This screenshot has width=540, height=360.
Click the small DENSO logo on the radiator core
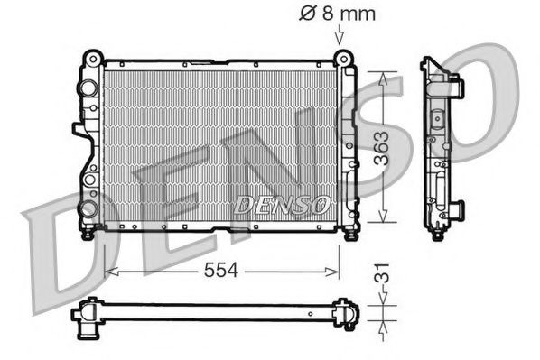(281, 205)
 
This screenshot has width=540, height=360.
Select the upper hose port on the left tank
(88, 88)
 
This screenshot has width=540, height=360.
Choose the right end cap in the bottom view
(346, 314)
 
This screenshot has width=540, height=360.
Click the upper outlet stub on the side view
(458, 88)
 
